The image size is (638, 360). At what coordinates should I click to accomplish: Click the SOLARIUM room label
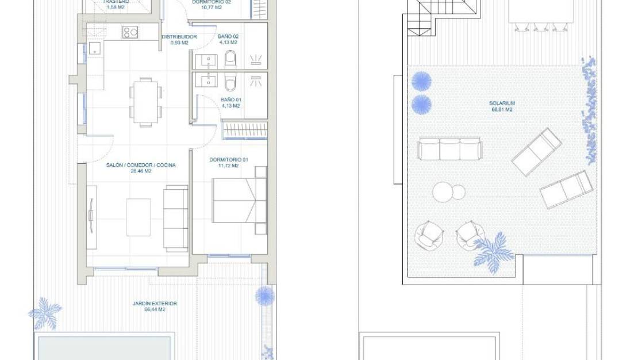501,104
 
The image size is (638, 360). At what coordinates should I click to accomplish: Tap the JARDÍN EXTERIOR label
155,303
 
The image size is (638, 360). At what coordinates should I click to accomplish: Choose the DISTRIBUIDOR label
179,37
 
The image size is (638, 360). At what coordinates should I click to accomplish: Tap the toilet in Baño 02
230,59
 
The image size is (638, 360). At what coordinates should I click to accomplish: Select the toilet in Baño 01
230,83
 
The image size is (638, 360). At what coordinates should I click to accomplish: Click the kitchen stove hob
129,33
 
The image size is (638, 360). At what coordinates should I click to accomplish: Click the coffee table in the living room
139,217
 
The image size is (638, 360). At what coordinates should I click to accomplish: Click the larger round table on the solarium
443,192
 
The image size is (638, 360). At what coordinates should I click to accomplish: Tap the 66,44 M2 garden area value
155,309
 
